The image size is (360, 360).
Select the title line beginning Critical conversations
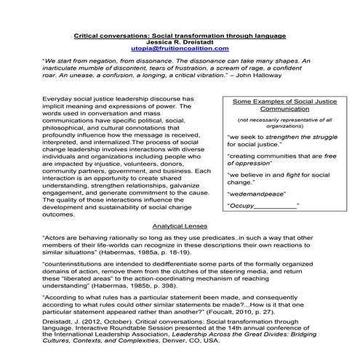[182, 35]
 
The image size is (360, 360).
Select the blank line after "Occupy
[277, 207]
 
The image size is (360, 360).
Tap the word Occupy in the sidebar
[243, 207]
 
